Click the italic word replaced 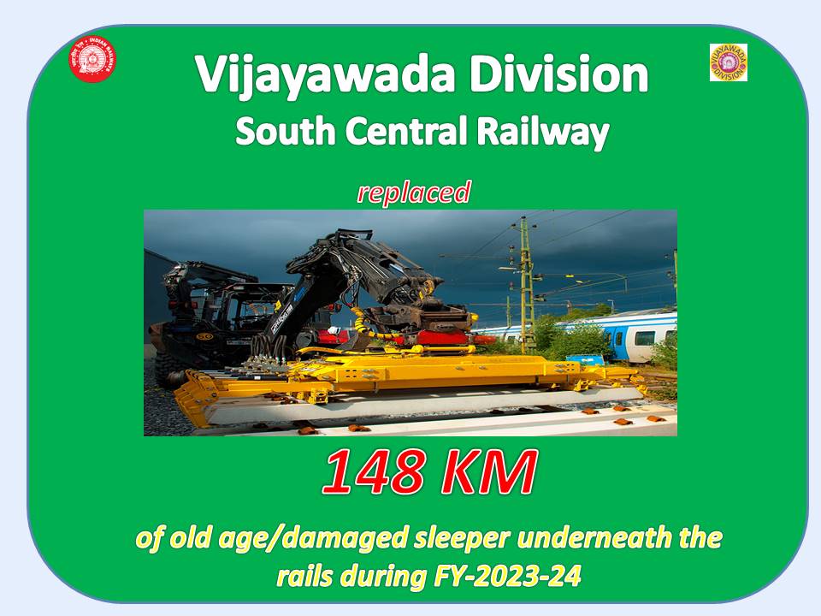(x=414, y=192)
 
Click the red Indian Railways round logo (x=92, y=61)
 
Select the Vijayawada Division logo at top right (x=728, y=62)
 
